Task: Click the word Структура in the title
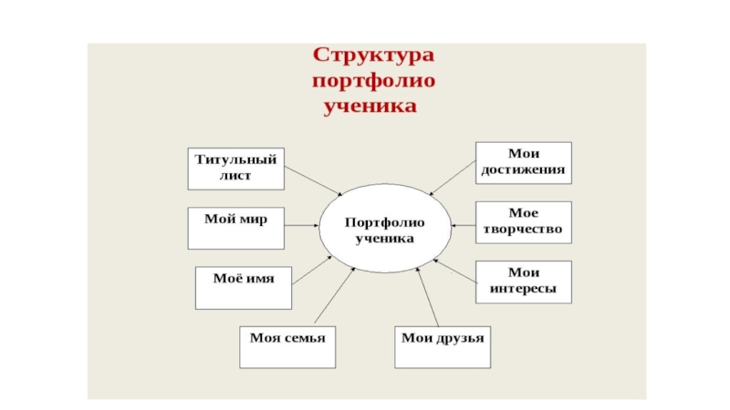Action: pos(373,55)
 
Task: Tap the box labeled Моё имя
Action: pos(244,285)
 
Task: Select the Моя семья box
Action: pos(287,345)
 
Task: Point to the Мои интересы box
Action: pos(524,282)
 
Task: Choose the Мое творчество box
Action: pos(524,221)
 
